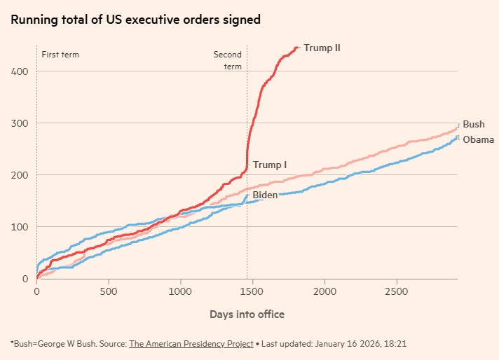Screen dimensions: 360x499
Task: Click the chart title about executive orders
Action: (135, 20)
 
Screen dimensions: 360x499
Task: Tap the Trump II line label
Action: (322, 48)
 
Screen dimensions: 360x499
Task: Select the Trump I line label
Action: (270, 165)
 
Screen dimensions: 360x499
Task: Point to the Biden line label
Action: (265, 195)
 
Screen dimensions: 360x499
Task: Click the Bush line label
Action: (474, 125)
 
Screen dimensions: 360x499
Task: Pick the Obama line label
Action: (479, 139)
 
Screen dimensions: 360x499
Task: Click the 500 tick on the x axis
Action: (109, 291)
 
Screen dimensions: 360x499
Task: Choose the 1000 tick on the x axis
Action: (181, 291)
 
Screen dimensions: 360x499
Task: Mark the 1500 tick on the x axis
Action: (253, 291)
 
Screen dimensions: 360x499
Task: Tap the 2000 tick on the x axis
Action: (325, 291)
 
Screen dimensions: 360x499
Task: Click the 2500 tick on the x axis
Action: (397, 291)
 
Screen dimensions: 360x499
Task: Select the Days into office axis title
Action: (247, 314)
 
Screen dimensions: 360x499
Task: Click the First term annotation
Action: (60, 54)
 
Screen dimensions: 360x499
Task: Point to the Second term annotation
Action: (228, 60)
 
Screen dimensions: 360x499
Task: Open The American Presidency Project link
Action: (191, 345)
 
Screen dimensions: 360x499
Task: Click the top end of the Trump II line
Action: (298, 48)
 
